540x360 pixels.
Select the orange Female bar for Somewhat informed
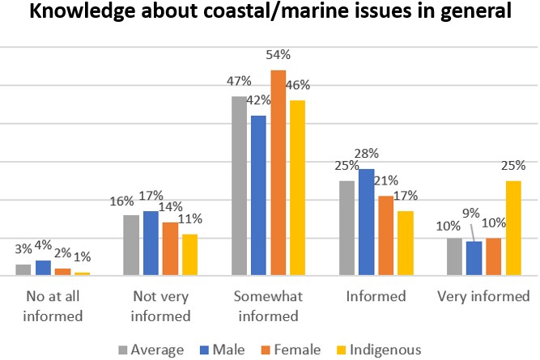279,173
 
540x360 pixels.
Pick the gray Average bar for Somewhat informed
239,186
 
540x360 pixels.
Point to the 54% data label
279,55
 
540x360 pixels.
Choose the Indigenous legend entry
381,349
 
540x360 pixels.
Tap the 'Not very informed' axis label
159,306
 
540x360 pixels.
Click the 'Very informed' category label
483,296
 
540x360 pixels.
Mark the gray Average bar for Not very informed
131,245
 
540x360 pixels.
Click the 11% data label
190,218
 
